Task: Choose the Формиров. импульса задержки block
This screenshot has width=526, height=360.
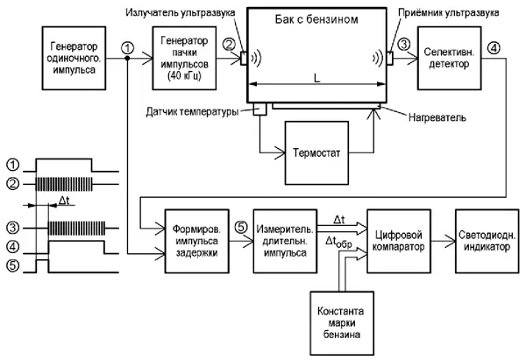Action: [193, 234]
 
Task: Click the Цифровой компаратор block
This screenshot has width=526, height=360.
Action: [399, 234]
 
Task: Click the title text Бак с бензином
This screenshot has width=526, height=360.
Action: [317, 19]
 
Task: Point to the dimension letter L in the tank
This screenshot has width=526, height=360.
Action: [316, 78]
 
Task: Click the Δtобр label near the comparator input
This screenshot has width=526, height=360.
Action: [339, 240]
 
